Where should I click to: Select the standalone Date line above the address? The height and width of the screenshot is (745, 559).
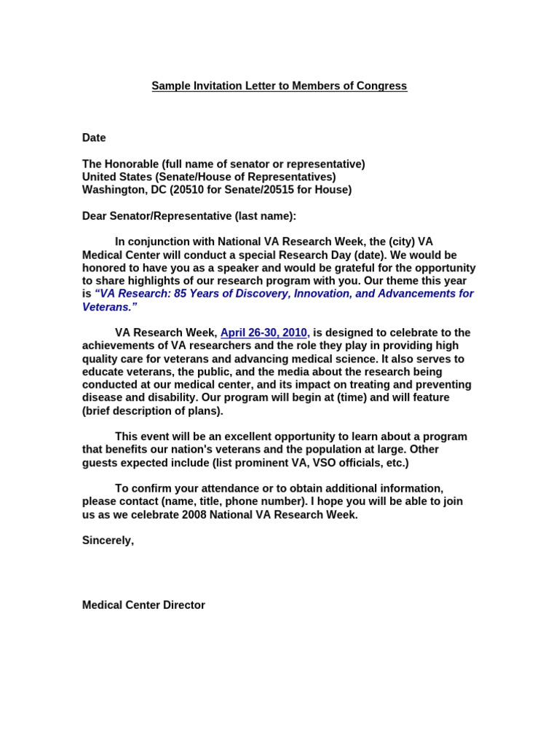coord(94,138)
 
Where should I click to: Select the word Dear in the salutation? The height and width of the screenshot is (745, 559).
coord(95,216)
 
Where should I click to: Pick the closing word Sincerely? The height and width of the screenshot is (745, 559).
coord(108,541)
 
